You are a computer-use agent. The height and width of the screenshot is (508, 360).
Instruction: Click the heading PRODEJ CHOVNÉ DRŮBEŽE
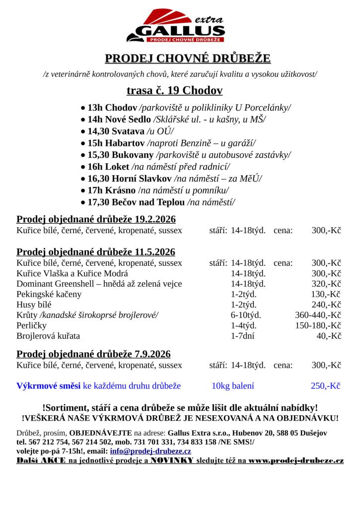pyautogui.click(x=188, y=59)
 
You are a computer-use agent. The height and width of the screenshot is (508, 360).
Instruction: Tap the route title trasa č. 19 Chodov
pyautogui.click(x=174, y=90)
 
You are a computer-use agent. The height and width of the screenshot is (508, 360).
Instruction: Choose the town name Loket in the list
pyautogui.click(x=117, y=167)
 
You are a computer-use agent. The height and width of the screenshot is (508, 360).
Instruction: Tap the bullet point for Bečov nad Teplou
pyautogui.click(x=83, y=202)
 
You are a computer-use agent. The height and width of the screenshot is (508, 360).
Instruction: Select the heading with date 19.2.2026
pyautogui.click(x=96, y=219)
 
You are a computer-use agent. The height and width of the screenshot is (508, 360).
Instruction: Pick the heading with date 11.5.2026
pyautogui.click(x=96, y=252)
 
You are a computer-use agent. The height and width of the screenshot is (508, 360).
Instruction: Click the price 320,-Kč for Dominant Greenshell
pyautogui.click(x=326, y=284)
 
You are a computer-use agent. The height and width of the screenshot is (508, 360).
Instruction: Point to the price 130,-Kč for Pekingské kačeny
pyautogui.click(x=326, y=294)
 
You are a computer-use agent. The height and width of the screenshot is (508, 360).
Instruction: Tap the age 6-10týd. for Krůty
pyautogui.click(x=246, y=315)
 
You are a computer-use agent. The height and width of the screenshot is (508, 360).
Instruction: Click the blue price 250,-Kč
pyautogui.click(x=325, y=385)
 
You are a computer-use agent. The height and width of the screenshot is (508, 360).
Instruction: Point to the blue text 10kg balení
pyautogui.click(x=232, y=385)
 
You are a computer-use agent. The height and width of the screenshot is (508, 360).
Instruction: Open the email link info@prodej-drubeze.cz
pyautogui.click(x=150, y=451)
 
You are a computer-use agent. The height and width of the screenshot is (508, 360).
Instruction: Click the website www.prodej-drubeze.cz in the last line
pyautogui.click(x=296, y=461)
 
